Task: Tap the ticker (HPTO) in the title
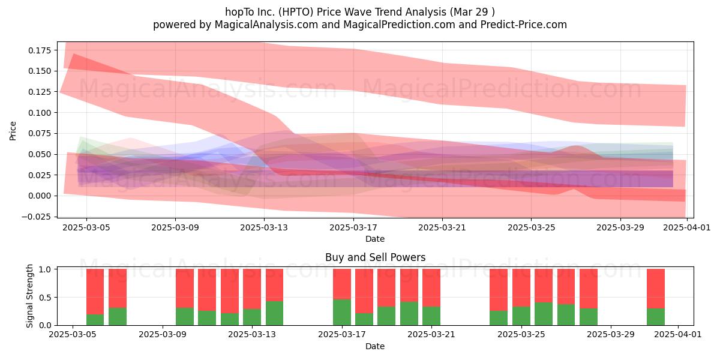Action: (296, 12)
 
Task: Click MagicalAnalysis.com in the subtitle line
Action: (266, 25)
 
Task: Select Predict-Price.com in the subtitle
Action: (524, 25)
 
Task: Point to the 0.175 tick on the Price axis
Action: (40, 50)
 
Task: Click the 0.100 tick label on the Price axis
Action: (40, 113)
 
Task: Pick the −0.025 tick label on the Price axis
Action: (37, 217)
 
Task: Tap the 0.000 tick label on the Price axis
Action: (40, 196)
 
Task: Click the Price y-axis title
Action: (13, 131)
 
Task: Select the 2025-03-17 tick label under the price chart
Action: (353, 227)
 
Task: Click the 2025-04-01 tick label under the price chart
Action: (687, 227)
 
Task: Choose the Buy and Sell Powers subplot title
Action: (375, 257)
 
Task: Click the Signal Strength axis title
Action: (29, 296)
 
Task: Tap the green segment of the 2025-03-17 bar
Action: (341, 312)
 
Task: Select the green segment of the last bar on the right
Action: (656, 317)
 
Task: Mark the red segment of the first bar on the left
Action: (95, 292)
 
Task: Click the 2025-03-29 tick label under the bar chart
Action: (611, 335)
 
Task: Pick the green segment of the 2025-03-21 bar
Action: (431, 316)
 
